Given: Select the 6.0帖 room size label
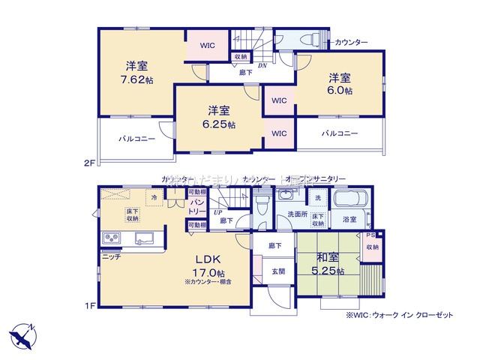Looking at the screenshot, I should [x=339, y=91].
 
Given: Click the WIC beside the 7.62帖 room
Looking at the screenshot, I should [x=208, y=46].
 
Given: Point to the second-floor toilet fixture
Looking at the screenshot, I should [x=306, y=40].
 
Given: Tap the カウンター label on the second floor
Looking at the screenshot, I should [x=351, y=41].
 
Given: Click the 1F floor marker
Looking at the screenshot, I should [x=88, y=305].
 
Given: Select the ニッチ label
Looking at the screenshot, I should [x=111, y=256].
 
